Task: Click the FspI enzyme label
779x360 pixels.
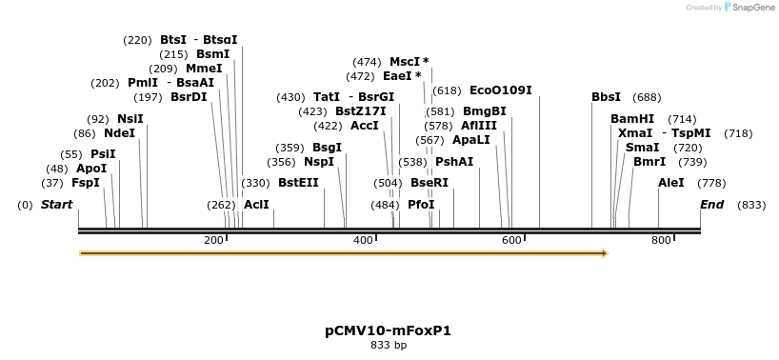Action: tap(86, 182)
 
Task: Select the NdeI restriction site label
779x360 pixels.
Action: tap(120, 132)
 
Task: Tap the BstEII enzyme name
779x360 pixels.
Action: tap(298, 182)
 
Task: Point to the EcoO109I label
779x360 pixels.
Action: tap(500, 90)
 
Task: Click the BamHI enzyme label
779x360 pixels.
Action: tap(632, 118)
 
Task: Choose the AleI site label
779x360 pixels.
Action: tap(671, 182)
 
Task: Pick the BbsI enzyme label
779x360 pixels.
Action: tap(606, 96)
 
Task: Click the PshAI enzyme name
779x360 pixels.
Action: tap(454, 161)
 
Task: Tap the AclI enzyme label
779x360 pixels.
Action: tap(256, 204)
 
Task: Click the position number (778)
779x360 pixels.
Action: tap(711, 182)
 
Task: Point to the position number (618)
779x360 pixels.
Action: tap(447, 90)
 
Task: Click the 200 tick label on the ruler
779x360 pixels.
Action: tap(213, 240)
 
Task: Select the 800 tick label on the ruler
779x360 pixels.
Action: tap(661, 240)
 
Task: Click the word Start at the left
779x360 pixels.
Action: tap(56, 204)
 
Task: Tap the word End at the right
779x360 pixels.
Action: tap(711, 204)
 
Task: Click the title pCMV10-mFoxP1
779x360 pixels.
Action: tap(388, 330)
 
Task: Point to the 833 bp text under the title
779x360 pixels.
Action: tap(388, 345)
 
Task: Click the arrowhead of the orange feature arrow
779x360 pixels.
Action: tap(603, 253)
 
